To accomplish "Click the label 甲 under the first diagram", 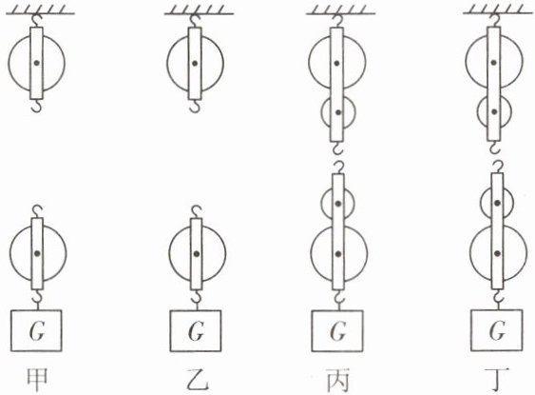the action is tap(37, 379).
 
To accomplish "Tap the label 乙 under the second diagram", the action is tap(197, 379).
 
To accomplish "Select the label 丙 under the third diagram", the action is tap(337, 380).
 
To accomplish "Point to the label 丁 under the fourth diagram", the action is tap(497, 379).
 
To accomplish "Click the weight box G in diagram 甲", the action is tap(36, 330).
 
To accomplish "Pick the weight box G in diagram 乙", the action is tap(196, 331).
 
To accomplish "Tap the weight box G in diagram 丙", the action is tap(337, 331).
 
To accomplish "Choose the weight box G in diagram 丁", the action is tap(496, 330).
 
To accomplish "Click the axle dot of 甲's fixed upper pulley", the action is tap(37, 63).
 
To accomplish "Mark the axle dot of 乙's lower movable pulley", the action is tap(197, 253).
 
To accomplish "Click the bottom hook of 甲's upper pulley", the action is tap(37, 106).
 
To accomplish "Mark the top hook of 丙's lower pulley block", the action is tap(337, 168).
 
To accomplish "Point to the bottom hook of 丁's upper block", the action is tap(494, 148).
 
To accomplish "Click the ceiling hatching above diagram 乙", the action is tap(199, 10).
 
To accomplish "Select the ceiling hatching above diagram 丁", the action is tap(498, 10).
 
